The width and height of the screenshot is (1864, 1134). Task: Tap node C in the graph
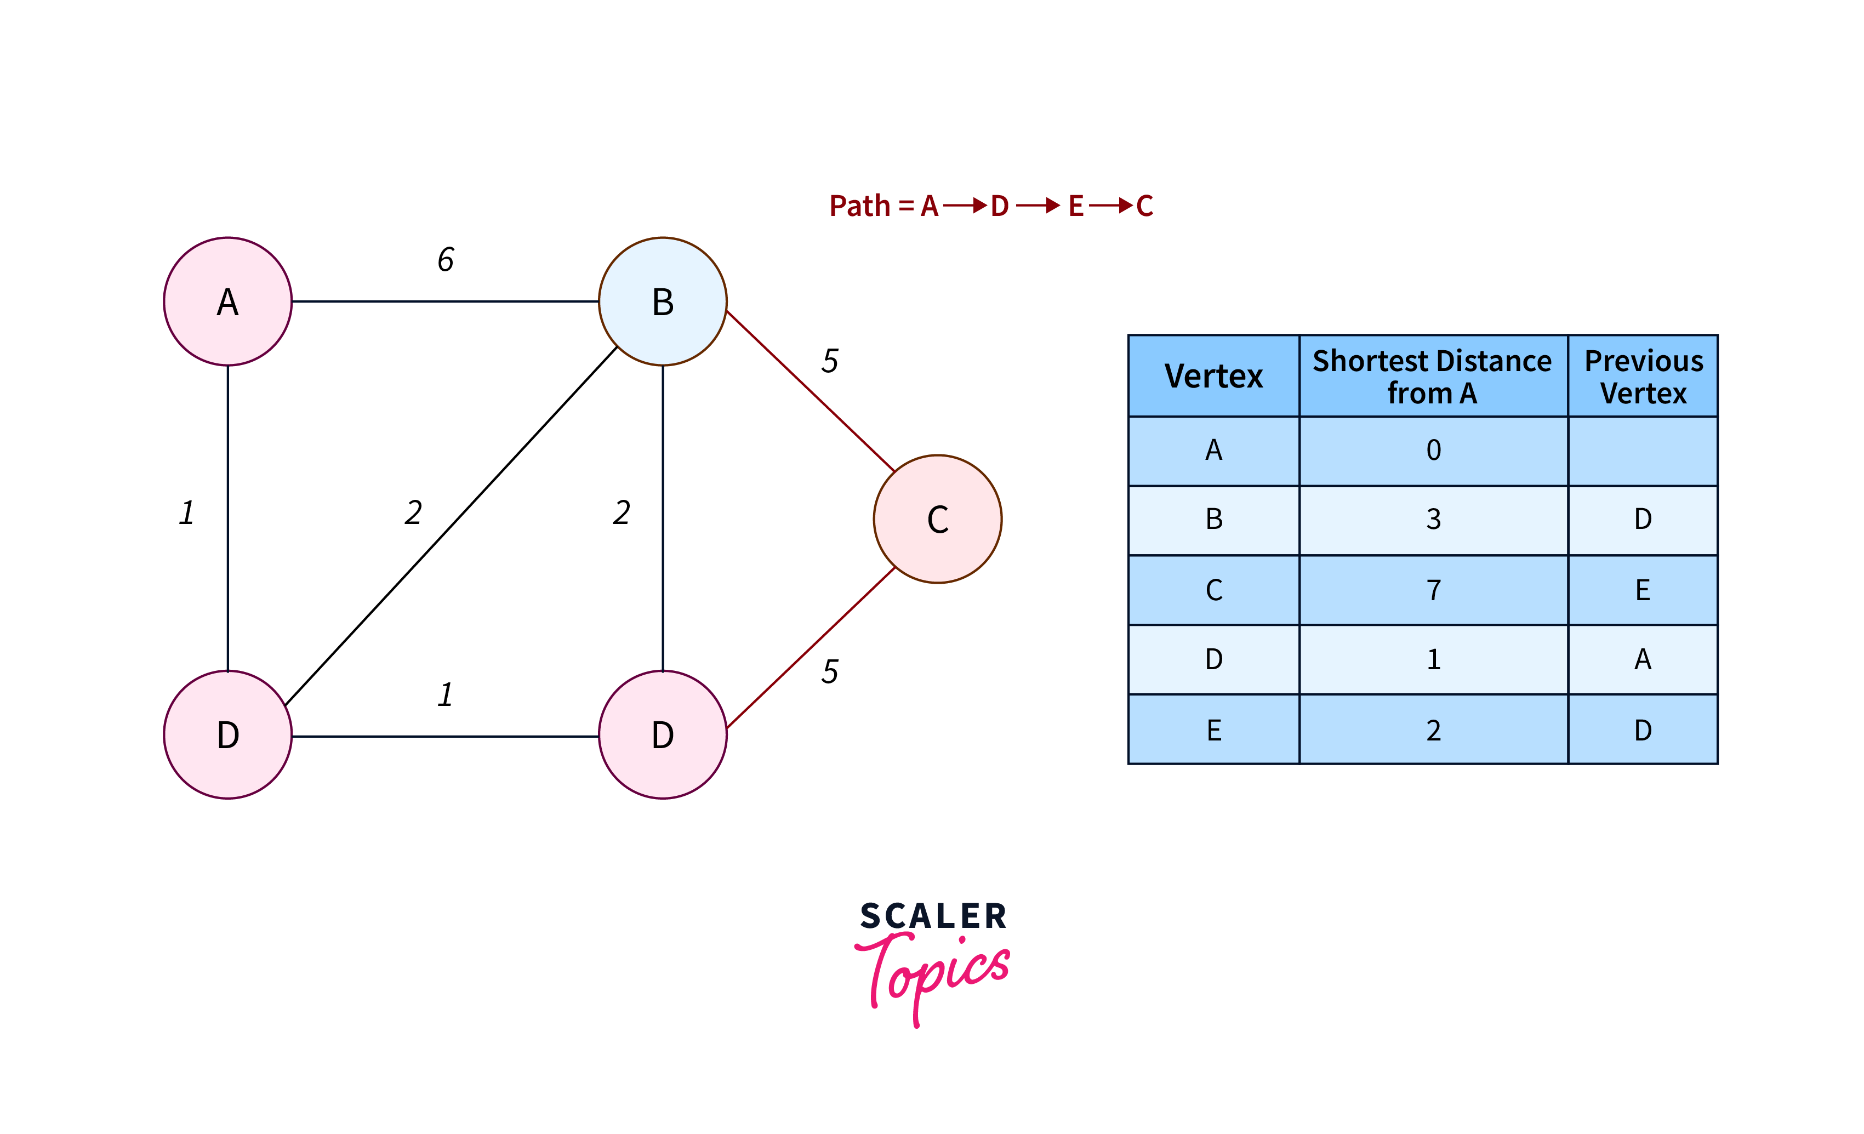pos(937,519)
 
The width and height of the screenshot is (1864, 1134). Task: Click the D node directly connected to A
pos(227,734)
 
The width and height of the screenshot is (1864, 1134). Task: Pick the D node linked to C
pos(663,734)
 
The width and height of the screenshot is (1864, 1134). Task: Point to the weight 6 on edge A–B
pos(446,259)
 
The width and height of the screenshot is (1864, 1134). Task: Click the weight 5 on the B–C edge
pos(830,361)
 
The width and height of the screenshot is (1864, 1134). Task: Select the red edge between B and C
pos(810,391)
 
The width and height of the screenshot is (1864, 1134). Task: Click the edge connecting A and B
pos(445,301)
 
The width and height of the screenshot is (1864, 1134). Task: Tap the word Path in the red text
pos(859,206)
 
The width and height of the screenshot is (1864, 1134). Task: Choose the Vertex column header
pos(1213,376)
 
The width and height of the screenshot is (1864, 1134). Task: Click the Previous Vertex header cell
pos(1643,376)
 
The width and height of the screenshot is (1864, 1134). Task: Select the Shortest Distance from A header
pos(1432,376)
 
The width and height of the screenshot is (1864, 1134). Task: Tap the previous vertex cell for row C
pos(1643,590)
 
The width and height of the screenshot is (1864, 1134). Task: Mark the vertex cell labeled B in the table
pos(1213,519)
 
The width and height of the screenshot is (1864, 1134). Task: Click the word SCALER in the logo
pos(933,916)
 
